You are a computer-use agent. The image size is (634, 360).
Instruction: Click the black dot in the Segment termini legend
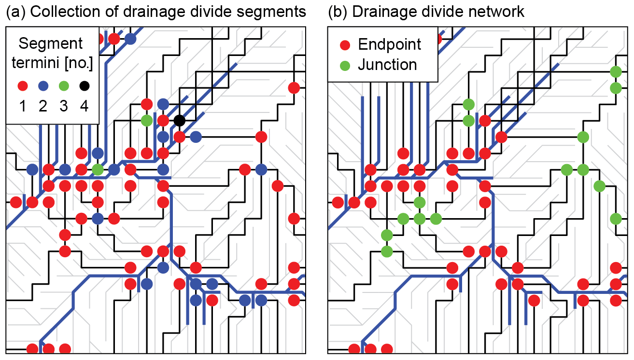click(x=85, y=87)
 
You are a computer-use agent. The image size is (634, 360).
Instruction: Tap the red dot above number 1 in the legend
click(x=23, y=87)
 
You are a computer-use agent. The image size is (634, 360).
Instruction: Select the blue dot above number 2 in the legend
click(x=43, y=87)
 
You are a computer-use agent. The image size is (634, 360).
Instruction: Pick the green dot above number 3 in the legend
click(x=64, y=87)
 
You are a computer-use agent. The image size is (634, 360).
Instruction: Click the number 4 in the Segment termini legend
click(x=85, y=106)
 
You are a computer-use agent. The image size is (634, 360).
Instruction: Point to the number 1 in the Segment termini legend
click(x=23, y=106)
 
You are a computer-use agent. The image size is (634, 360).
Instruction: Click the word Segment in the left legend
click(x=51, y=43)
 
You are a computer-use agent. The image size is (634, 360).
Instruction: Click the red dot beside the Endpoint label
click(x=345, y=45)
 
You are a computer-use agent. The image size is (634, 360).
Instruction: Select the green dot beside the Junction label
click(x=345, y=65)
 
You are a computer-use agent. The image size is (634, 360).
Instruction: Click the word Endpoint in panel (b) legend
click(x=390, y=45)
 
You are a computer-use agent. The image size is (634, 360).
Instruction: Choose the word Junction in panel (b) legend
click(x=387, y=65)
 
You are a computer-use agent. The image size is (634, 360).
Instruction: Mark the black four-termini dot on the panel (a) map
click(x=179, y=120)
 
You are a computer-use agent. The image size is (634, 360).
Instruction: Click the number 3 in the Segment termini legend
click(x=64, y=106)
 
